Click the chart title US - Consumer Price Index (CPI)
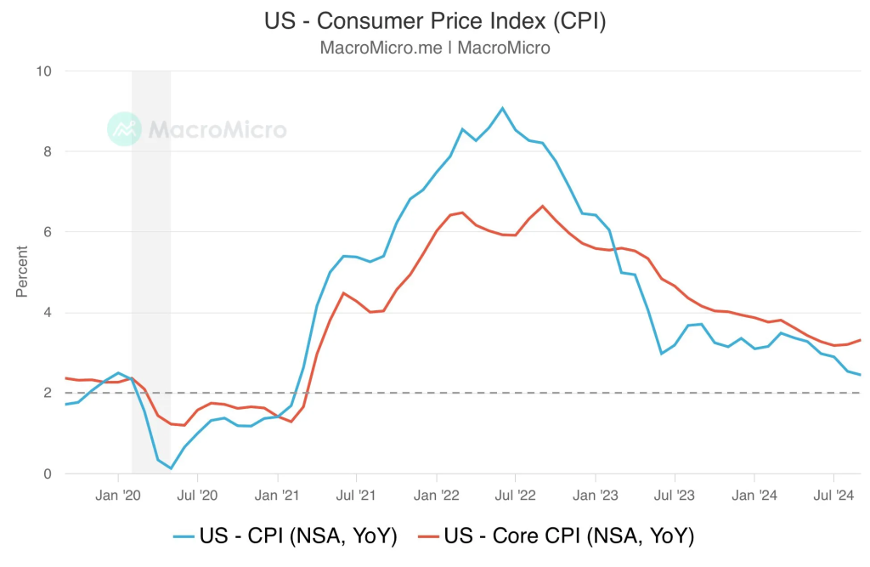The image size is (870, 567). click(x=435, y=20)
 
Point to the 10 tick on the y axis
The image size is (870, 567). click(x=42, y=71)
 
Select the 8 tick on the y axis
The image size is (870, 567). click(x=48, y=152)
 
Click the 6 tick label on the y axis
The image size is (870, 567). click(x=48, y=232)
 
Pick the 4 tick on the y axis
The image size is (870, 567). click(x=48, y=313)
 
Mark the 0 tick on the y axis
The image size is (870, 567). click(x=48, y=473)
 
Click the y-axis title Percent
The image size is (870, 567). click(x=22, y=272)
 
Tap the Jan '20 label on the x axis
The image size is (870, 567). click(x=118, y=494)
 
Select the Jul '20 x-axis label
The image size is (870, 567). click(x=197, y=494)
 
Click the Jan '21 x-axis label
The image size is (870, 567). click(x=278, y=494)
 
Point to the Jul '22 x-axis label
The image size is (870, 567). click(x=515, y=494)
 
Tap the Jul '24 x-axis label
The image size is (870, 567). click(x=833, y=494)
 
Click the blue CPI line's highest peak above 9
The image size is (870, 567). click(x=502, y=108)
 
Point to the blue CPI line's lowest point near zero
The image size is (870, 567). click(x=171, y=468)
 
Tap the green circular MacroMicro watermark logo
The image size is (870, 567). click(x=125, y=128)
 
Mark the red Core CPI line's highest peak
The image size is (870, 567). click(x=542, y=206)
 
